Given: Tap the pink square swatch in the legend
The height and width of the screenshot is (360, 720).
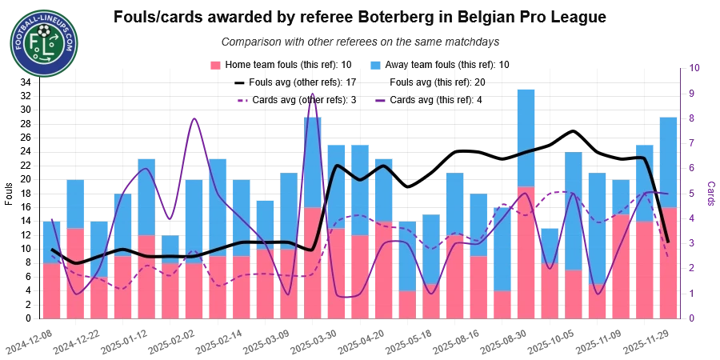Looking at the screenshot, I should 214,64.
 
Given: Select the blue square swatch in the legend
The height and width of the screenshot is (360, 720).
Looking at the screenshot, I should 374,64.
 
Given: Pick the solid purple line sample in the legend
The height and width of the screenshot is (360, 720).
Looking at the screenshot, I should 381,101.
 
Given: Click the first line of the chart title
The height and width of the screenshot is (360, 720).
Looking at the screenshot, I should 358,16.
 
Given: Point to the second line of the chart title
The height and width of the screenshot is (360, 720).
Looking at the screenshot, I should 358,41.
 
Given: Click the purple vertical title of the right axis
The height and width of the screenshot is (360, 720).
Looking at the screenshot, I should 710,190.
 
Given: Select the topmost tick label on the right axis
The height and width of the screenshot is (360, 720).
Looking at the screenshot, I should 694,69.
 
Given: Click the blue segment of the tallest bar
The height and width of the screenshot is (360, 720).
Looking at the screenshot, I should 525,136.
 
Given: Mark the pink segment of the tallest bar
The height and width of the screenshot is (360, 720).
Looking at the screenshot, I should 525,252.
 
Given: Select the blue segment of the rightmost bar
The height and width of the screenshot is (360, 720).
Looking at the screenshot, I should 669,162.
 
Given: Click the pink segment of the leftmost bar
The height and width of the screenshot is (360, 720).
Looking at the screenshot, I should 51,290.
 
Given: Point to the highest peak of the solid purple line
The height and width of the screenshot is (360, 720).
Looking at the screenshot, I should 311,95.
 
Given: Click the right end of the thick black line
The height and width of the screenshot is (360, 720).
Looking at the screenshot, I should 668,241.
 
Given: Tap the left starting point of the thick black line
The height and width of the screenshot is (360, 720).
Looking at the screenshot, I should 52,250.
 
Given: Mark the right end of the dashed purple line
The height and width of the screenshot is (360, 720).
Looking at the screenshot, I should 669,256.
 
